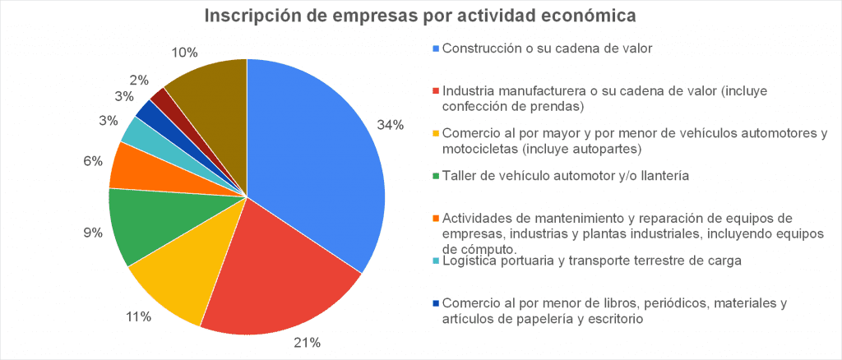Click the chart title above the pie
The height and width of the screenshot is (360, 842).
tap(420, 16)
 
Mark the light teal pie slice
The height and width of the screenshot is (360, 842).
tap(135, 130)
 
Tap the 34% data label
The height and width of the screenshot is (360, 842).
tap(390, 125)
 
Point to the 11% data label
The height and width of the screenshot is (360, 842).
tap(137, 316)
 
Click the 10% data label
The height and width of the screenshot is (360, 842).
tap(184, 52)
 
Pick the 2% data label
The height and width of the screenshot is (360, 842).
tap(139, 80)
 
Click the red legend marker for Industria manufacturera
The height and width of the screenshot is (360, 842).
tap(436, 90)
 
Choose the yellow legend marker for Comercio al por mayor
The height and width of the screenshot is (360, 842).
tap(436, 133)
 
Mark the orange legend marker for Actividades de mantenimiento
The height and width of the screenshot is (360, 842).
tap(436, 218)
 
